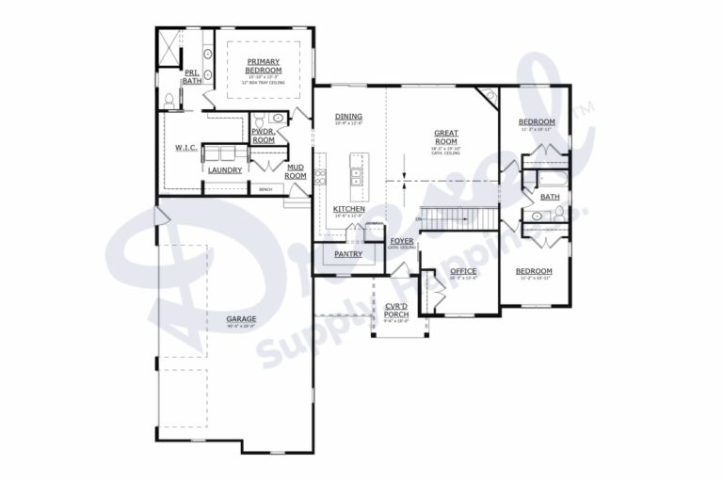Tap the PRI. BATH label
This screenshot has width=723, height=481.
point(192,77)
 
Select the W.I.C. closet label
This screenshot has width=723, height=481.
point(185,148)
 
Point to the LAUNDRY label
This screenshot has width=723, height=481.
point(225,170)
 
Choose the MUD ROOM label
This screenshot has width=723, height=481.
point(296,171)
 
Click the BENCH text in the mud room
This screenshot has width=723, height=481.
point(266,189)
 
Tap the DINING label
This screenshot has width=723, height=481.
point(348,118)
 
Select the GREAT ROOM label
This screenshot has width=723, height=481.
point(445,137)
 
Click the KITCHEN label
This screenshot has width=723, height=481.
point(349,209)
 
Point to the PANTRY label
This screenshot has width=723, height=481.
point(348,254)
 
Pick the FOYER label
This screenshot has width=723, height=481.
point(402,241)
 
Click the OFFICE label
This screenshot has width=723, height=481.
point(463,271)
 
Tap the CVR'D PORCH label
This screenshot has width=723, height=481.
point(395,311)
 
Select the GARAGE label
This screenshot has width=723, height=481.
point(241,319)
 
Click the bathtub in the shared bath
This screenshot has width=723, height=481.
point(547,176)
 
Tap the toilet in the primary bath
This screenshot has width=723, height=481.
point(169,98)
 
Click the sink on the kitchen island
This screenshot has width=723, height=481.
point(357,172)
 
